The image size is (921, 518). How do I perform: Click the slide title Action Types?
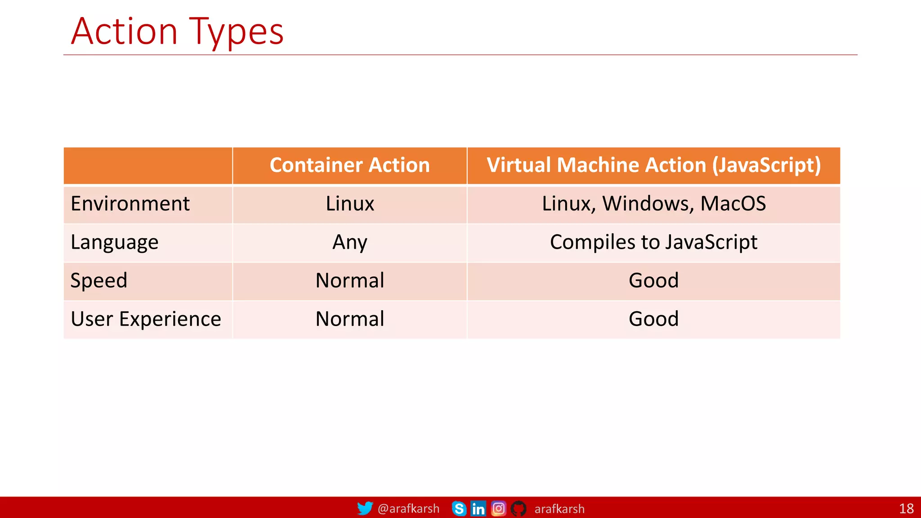coord(177,31)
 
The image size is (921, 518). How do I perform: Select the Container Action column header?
coord(349,165)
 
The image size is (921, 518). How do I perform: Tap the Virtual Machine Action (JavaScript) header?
coord(653,165)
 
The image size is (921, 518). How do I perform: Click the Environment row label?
coord(130,204)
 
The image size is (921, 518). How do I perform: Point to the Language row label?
coord(114,242)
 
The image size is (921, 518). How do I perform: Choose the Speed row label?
coord(99,281)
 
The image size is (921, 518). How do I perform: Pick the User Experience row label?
coord(146,319)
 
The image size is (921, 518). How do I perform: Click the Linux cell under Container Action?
coord(349,204)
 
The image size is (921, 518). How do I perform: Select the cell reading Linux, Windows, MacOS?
coord(653,204)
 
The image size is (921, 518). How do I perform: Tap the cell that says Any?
coord(349,242)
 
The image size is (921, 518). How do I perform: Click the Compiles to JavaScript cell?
coord(653,242)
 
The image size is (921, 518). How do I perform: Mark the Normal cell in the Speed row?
coord(349,281)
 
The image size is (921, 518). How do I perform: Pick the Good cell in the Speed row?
coord(653,281)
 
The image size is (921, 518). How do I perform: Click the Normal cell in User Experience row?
coord(349,319)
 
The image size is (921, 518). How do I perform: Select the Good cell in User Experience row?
coord(653,319)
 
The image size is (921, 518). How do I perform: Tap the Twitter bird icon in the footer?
coord(365,508)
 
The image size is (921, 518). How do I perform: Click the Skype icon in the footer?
coord(459,509)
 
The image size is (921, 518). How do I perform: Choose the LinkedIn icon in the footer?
coord(478,509)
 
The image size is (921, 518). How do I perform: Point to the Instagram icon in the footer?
coord(498,509)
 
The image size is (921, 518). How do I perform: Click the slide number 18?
coord(906,509)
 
